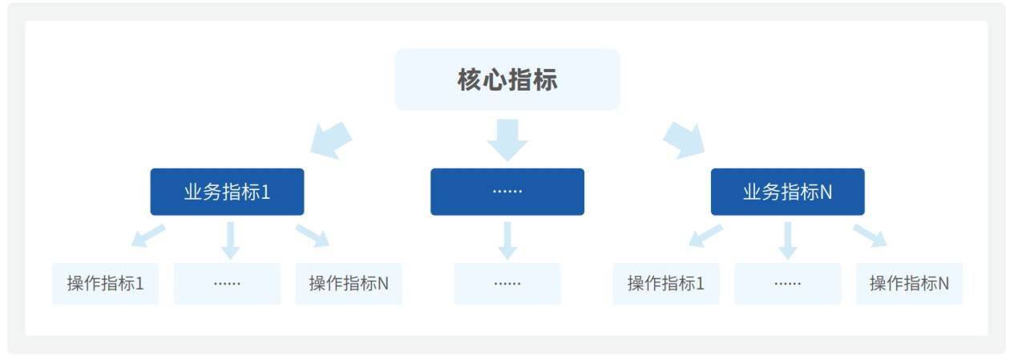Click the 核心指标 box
(x=507, y=79)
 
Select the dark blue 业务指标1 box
(x=228, y=192)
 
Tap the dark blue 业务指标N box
(x=788, y=192)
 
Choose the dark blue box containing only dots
(x=507, y=192)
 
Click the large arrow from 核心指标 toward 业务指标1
(x=331, y=140)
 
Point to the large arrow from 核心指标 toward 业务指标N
(x=684, y=140)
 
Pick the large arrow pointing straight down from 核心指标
(x=507, y=140)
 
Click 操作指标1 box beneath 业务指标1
(x=106, y=284)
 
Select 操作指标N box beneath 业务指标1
(x=349, y=284)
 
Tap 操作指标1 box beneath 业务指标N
(x=666, y=284)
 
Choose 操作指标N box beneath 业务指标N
(x=910, y=284)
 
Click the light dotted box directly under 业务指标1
(x=228, y=284)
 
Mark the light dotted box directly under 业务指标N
(x=788, y=284)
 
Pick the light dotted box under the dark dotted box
(x=507, y=284)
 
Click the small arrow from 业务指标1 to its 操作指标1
(x=148, y=236)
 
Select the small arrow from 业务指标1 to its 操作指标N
(x=313, y=236)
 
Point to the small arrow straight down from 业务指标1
(x=230, y=241)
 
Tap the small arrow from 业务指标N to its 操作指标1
(x=706, y=236)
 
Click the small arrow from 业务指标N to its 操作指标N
(x=870, y=236)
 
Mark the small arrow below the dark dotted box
(x=507, y=241)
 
